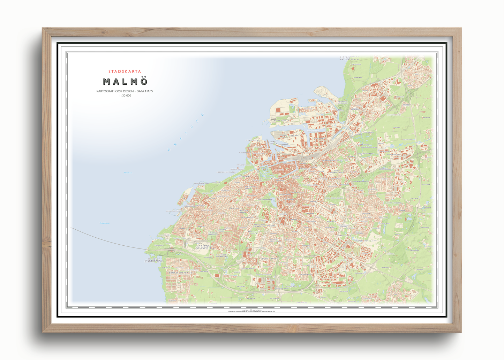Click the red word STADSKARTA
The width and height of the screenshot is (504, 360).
coord(125,71)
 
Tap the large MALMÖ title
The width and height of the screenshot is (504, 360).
coord(125,82)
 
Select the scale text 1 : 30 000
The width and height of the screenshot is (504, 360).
coord(125,95)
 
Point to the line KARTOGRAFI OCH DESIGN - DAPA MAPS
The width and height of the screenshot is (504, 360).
coord(125,91)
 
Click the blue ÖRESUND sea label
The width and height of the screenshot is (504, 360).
coord(186,132)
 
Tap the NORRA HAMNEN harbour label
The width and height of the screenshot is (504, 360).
coord(282,120)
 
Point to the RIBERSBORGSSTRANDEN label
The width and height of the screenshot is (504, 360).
coord(226,172)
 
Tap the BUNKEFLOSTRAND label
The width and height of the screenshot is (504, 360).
coord(180,273)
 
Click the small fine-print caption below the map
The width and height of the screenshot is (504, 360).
coord(251,311)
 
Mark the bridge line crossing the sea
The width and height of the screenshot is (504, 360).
coord(108,240)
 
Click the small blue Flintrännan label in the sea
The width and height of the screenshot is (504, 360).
coord(128,173)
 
